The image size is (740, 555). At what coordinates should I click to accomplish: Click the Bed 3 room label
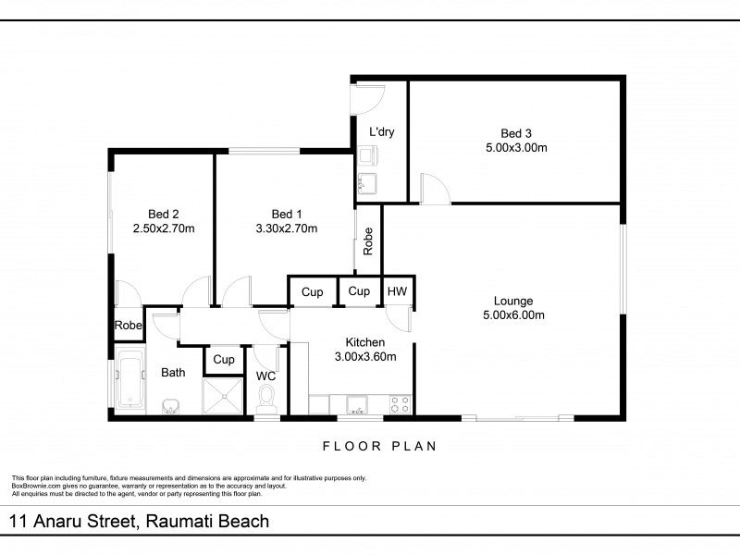[x=516, y=133]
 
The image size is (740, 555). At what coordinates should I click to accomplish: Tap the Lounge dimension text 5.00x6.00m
[x=513, y=315]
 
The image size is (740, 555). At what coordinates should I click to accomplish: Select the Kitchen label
[x=365, y=342]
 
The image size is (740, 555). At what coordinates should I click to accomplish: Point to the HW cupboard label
[x=397, y=291]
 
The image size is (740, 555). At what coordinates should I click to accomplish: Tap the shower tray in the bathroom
[x=222, y=396]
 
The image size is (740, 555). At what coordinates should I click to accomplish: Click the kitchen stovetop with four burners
[x=400, y=404]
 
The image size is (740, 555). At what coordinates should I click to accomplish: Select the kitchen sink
[x=357, y=405]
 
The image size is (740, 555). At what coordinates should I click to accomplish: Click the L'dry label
[x=381, y=131]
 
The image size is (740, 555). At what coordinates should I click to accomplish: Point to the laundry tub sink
[x=366, y=183]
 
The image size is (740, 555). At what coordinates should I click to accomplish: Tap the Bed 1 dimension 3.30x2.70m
[x=287, y=228]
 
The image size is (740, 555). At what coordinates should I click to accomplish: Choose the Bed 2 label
[x=164, y=215]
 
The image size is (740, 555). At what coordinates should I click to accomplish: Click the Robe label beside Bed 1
[x=367, y=241]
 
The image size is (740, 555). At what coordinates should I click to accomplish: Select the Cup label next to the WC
[x=224, y=360]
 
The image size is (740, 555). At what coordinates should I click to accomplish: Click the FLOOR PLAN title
[x=380, y=446]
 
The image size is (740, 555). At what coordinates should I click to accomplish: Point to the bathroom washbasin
[x=170, y=406]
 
